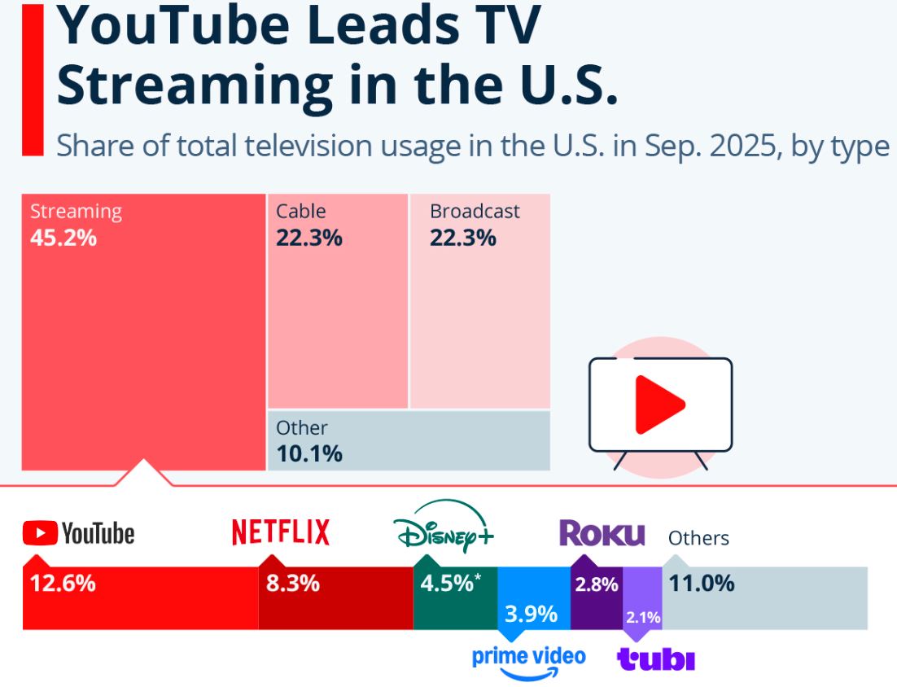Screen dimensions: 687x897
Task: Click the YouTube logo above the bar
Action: (x=78, y=534)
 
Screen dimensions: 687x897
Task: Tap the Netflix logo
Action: (x=281, y=532)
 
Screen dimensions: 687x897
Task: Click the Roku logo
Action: (x=602, y=534)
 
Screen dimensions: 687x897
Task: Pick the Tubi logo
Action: (x=656, y=659)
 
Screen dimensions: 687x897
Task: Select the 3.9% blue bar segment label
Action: (x=531, y=614)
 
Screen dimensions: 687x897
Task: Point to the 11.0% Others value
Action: (x=701, y=584)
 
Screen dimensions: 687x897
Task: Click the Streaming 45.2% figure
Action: (x=63, y=238)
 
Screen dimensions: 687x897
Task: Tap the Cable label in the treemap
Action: (x=300, y=212)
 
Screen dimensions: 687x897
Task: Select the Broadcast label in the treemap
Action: (x=475, y=212)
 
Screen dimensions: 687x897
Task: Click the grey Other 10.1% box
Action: (x=409, y=440)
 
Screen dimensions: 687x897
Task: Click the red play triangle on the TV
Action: (x=658, y=405)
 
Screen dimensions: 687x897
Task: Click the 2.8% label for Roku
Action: (x=597, y=584)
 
